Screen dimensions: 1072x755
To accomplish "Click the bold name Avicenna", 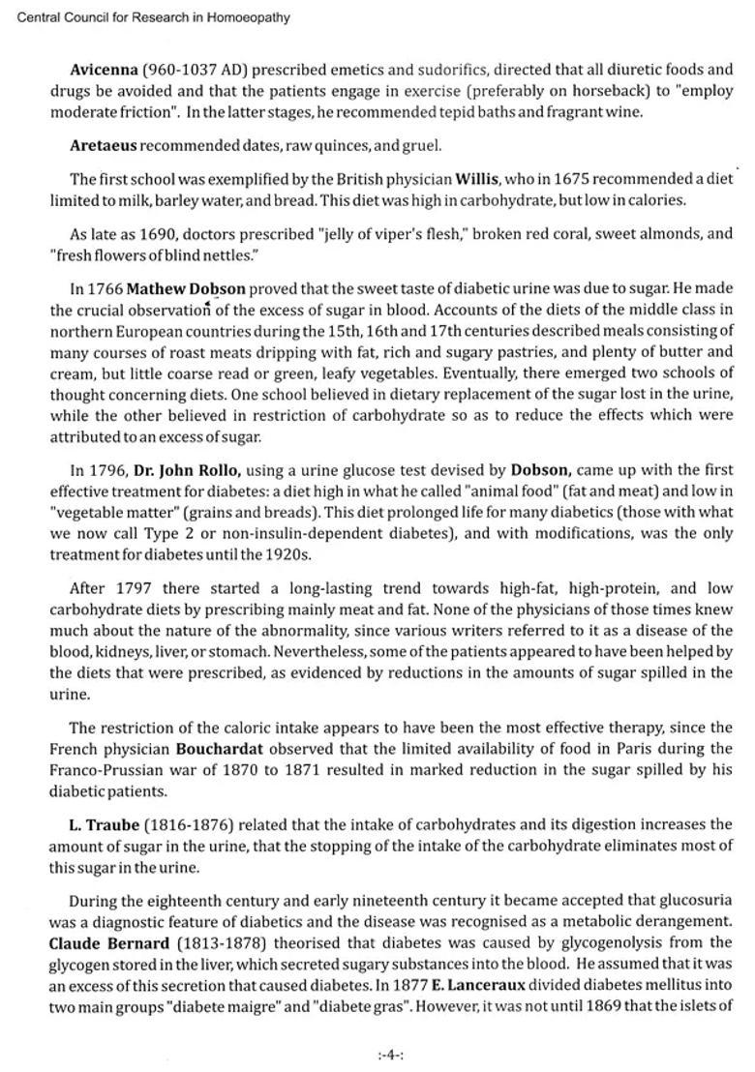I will [104, 70].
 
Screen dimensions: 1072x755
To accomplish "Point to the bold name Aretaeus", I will [104, 146].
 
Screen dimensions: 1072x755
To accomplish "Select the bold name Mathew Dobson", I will [186, 288].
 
